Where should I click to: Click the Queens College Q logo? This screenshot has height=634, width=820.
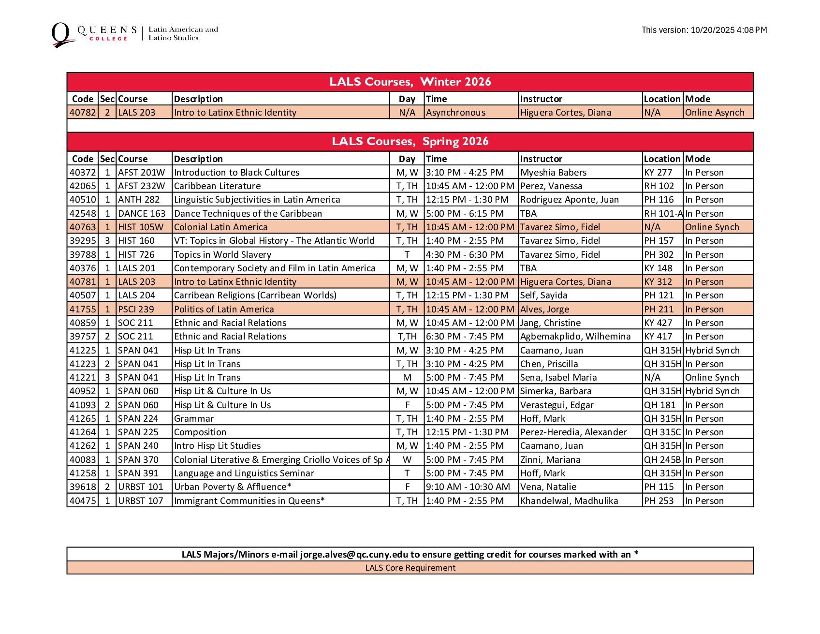pos(61,35)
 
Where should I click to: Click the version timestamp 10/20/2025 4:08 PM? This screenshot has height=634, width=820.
pos(728,30)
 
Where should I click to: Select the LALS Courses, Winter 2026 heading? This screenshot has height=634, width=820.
pos(410,82)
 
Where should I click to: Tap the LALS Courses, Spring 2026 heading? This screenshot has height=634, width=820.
pos(410,141)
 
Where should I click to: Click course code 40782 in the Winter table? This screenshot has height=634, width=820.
pos(83,113)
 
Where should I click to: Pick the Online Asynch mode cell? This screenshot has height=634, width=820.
pos(715,113)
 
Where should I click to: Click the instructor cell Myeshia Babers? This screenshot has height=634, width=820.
pos(553,173)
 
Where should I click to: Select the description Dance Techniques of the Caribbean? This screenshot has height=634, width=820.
pos(248,214)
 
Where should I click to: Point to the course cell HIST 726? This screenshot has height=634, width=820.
pos(136,255)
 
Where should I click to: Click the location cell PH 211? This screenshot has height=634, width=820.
pos(659,310)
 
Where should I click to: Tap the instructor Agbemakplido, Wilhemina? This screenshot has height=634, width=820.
pos(575,337)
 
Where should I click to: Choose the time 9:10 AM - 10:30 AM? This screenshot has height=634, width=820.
pos(468,487)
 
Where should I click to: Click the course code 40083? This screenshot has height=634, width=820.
pos(83,460)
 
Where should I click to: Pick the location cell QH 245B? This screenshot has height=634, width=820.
pos(662,460)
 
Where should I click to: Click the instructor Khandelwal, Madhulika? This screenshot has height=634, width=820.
pos(569,501)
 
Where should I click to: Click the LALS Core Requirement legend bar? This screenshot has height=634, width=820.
pos(410,568)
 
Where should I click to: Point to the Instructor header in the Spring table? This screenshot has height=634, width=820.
pos(541,159)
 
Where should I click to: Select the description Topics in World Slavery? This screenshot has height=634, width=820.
pos(222,255)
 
